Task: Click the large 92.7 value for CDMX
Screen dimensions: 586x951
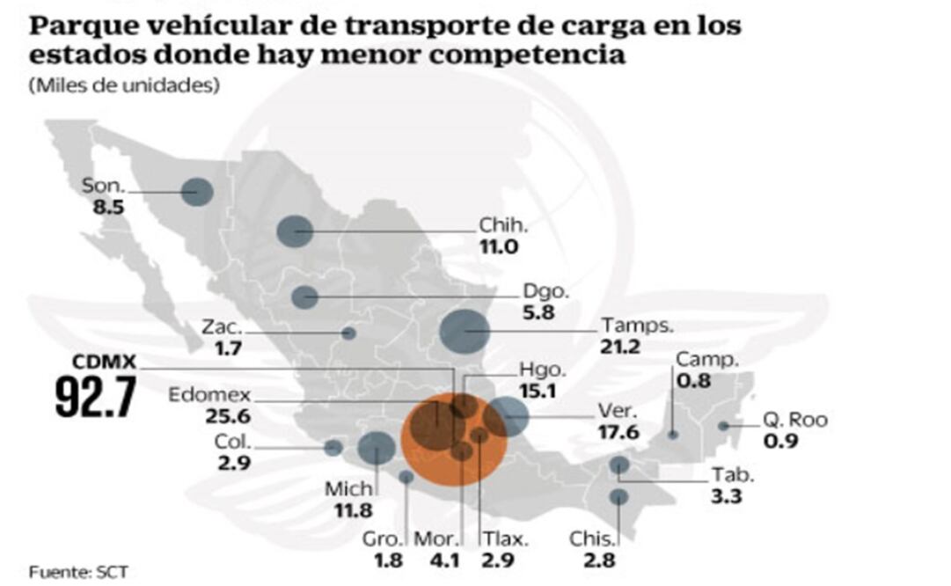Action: click(x=95, y=397)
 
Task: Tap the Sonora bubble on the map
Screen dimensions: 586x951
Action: click(x=197, y=191)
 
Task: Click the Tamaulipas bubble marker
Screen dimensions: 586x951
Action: click(x=464, y=332)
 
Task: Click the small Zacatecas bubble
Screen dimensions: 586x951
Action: click(x=348, y=333)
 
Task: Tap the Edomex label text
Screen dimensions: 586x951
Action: click(x=209, y=395)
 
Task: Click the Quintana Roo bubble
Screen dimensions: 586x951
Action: click(x=723, y=426)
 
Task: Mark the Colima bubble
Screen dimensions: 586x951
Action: click(x=333, y=448)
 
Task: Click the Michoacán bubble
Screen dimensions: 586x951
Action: click(x=377, y=448)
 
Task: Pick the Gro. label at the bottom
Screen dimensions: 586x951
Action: click(x=385, y=538)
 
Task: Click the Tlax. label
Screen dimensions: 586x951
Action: click(x=501, y=538)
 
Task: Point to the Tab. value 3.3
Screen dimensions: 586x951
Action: click(x=727, y=495)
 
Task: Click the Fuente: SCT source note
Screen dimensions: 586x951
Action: click(x=78, y=572)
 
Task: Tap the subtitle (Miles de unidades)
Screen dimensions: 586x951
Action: click(x=123, y=86)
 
